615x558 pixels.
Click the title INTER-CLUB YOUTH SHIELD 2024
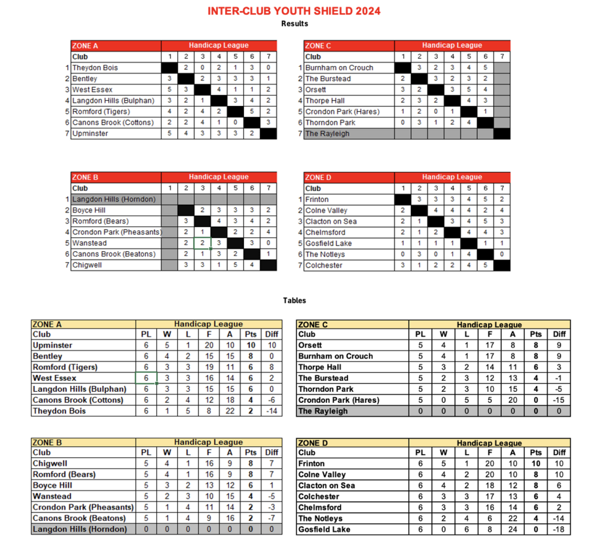pos(294,11)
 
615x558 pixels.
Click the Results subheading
pos(294,24)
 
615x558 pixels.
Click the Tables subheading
pos(294,301)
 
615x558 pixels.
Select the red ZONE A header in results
pos(85,46)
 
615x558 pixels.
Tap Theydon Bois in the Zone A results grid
pos(95,68)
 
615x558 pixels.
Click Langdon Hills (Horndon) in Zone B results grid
pos(113,200)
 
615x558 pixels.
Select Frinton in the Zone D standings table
pos(311,464)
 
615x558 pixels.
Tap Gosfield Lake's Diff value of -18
pos(559,530)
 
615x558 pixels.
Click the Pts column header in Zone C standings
pos(536,334)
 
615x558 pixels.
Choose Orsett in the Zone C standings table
pos(310,345)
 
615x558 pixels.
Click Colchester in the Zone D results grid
pos(324,266)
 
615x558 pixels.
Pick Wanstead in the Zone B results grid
pos(90,243)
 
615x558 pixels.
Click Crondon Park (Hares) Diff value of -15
pos(559,400)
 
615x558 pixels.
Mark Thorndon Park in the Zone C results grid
pos(330,123)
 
